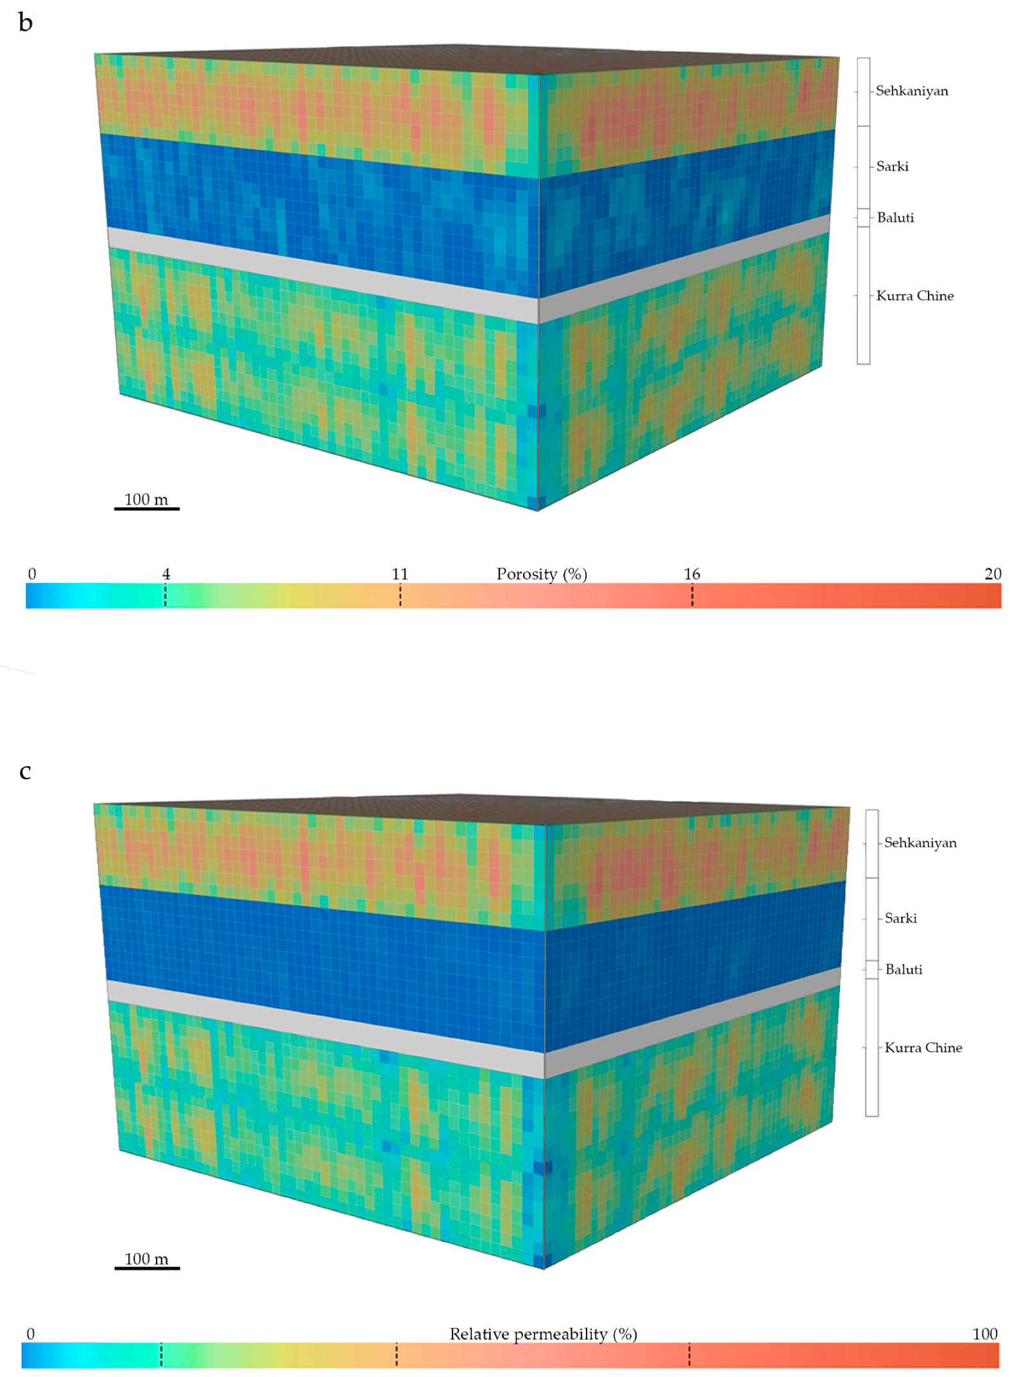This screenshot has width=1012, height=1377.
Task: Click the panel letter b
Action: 25,23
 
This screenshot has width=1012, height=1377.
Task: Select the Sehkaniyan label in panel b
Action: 911,91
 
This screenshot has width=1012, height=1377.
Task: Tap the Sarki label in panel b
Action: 892,167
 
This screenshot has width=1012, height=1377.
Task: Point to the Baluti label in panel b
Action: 895,218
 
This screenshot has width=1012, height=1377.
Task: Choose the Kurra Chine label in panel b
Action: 914,296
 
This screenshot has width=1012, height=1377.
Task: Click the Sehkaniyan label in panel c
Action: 920,843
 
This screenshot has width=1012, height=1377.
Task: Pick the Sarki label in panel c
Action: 900,919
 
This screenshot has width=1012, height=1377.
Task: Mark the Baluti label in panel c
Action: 904,970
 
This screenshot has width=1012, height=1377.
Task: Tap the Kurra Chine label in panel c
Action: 923,1048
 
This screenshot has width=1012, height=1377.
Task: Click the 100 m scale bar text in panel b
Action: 146,499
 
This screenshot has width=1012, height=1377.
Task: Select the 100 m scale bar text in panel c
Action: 146,1259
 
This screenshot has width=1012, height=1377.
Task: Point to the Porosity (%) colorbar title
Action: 542,574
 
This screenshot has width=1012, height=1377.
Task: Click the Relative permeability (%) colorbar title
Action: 543,1334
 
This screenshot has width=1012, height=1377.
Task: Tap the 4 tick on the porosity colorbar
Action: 166,574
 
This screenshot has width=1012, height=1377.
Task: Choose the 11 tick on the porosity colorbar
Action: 400,574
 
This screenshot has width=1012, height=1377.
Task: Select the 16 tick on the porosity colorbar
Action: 692,574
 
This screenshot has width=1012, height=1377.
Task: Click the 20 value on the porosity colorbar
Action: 992,574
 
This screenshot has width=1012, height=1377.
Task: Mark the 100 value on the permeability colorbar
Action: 984,1334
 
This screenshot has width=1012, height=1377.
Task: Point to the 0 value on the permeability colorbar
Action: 30,1334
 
